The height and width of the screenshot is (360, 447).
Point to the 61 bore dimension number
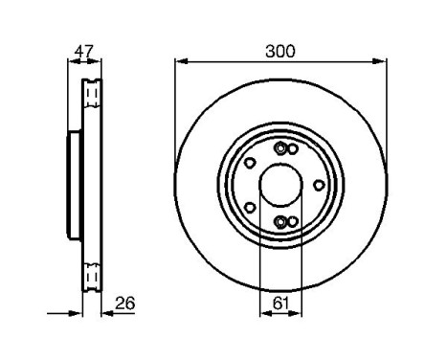[279, 304]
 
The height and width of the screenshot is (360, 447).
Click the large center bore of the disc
[279, 185]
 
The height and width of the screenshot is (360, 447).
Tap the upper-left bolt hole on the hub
[250, 164]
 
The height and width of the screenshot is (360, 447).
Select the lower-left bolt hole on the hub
[250, 205]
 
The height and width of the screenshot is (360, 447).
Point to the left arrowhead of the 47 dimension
[70, 62]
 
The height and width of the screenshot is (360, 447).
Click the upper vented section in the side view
[92, 93]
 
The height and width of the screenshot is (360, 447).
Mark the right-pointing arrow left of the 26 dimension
[76, 311]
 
